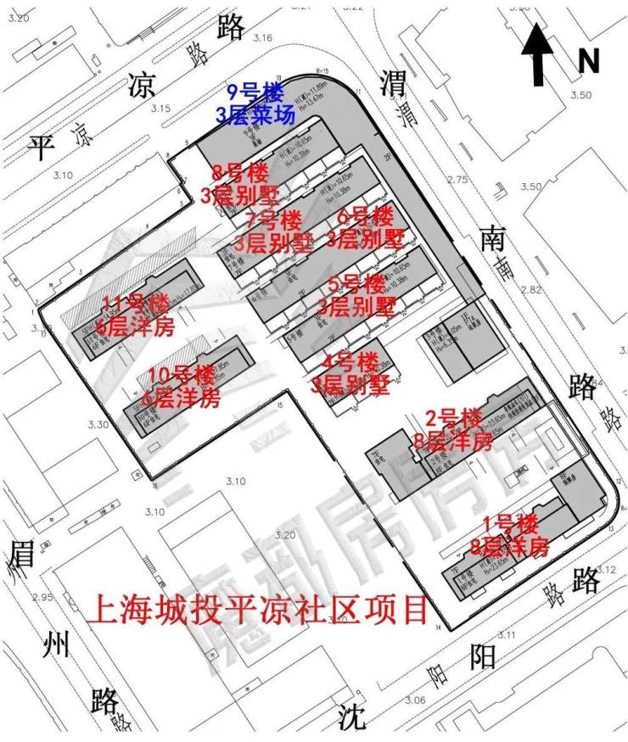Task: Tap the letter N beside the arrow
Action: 588,61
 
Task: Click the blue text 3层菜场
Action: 255,115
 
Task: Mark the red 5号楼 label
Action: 356,283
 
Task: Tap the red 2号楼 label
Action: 453,418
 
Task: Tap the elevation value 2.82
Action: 530,290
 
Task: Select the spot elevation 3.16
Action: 261,38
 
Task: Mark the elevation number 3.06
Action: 415,700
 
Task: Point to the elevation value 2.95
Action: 42,597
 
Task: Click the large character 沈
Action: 350,717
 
